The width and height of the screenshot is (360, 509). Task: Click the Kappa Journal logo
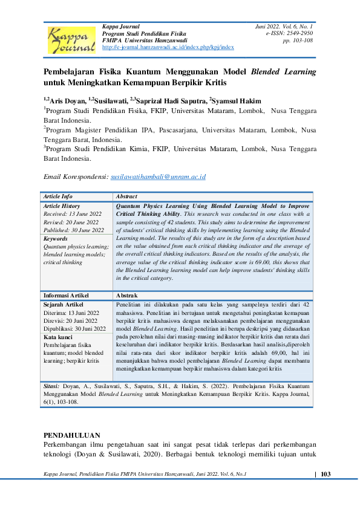[71, 38]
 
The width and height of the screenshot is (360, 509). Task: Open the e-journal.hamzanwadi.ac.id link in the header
[168, 47]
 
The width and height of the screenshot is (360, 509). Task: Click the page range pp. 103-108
[298, 41]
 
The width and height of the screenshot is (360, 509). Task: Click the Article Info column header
[58, 196]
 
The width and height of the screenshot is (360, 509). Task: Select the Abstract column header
[126, 196]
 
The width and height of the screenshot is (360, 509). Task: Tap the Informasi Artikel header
[66, 295]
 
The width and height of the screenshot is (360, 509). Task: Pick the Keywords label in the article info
[56, 239]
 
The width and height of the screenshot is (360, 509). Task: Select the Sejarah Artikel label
[64, 304]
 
